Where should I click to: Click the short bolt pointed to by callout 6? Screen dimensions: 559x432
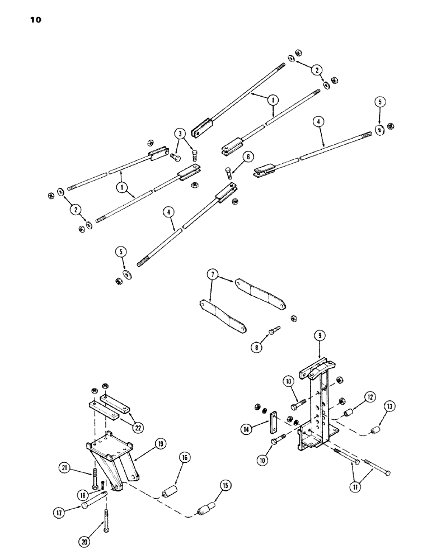(228, 173)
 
